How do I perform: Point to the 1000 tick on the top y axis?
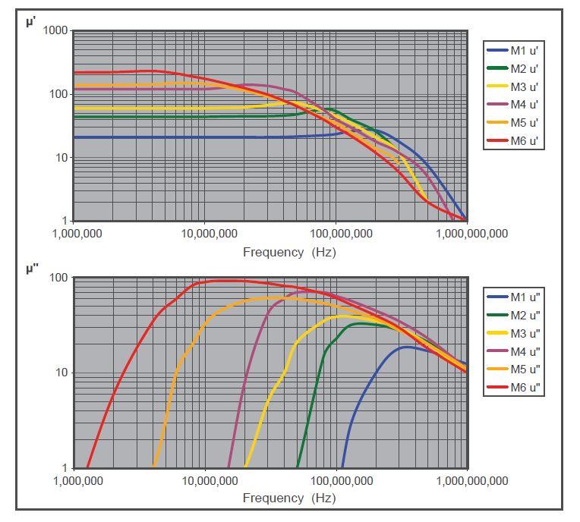tap(55, 30)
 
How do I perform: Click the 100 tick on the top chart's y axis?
tap(58, 94)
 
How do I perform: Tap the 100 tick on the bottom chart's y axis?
tap(58, 278)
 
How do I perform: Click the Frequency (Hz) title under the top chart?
tap(289, 252)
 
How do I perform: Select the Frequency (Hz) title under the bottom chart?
tap(289, 498)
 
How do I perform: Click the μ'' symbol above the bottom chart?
tap(32, 269)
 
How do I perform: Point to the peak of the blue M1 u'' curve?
tap(407, 347)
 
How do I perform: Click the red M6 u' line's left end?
tap(74, 72)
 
